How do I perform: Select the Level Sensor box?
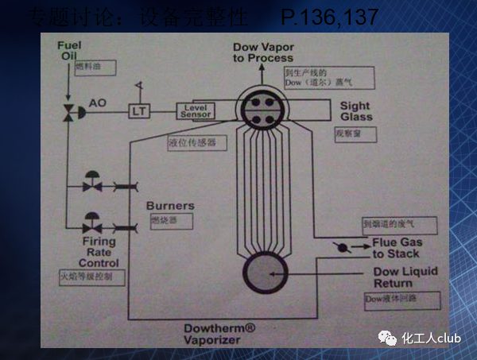click(196, 110)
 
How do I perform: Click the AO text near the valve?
click(98, 103)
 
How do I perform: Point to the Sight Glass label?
click(356, 111)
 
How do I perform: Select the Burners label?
click(169, 206)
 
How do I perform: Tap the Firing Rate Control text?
click(99, 252)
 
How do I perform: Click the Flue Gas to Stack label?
click(397, 247)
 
